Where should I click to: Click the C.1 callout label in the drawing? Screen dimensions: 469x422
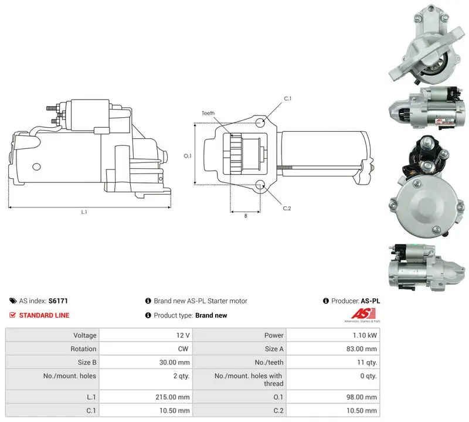point(287,98)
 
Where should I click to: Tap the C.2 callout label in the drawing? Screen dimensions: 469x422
point(287,208)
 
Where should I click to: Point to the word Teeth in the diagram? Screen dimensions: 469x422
point(208,113)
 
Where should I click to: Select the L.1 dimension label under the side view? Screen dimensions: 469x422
point(84,212)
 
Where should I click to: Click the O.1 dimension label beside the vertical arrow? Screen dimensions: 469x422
point(187,156)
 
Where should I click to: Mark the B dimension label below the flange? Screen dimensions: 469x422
point(246,216)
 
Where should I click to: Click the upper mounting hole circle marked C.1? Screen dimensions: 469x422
point(260,122)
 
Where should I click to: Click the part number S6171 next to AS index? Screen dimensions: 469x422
point(58,301)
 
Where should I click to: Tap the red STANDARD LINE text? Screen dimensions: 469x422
point(45,315)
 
